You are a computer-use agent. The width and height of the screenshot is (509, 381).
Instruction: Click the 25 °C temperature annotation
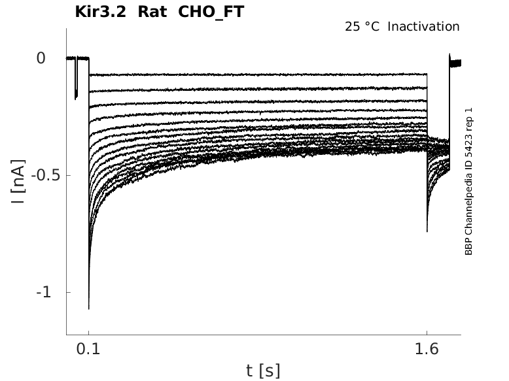pyautogui.click(x=362, y=27)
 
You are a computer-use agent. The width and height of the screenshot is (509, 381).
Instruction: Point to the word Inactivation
pyautogui.click(x=424, y=27)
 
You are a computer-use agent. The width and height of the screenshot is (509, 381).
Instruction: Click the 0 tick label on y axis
pyautogui.click(x=41, y=58)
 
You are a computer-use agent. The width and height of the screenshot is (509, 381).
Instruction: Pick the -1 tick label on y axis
pyautogui.click(x=43, y=292)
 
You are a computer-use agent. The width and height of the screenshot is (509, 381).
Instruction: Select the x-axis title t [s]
pyautogui.click(x=263, y=371)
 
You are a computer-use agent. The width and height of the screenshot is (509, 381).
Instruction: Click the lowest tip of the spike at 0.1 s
pyautogui.click(x=88, y=308)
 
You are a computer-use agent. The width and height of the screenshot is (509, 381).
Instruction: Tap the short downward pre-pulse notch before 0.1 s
pyautogui.click(x=76, y=97)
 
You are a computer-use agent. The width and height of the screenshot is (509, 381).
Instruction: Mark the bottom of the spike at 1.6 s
pyautogui.click(x=427, y=231)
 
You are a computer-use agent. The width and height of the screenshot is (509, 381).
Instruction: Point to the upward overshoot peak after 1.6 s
pyautogui.click(x=449, y=55)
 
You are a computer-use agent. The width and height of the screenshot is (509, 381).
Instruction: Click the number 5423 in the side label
pyautogui.click(x=468, y=154)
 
